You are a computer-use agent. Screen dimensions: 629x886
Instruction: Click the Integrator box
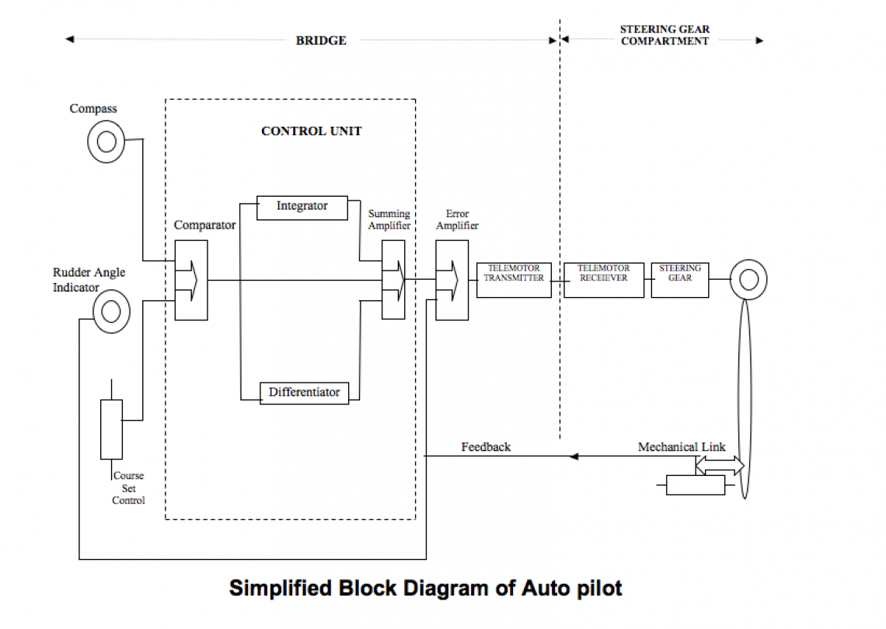[x=302, y=208]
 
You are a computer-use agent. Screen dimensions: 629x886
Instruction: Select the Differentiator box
[x=304, y=393]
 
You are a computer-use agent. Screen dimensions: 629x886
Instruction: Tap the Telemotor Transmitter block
[x=514, y=280]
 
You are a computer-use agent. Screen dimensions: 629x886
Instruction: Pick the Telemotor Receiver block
[x=603, y=280]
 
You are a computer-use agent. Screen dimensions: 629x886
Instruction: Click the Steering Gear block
[x=679, y=280]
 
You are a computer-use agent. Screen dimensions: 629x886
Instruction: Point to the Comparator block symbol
[x=191, y=280]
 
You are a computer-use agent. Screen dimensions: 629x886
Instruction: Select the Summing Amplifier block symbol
[x=393, y=280]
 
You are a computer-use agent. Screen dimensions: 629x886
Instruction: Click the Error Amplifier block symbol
[x=452, y=280]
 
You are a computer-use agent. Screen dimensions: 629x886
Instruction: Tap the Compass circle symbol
[x=106, y=142]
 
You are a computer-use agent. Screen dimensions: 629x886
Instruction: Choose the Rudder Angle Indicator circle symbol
[x=111, y=312]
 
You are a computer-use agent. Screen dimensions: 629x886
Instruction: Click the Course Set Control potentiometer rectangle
[x=111, y=429]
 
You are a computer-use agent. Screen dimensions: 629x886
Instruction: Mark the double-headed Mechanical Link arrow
[x=719, y=465]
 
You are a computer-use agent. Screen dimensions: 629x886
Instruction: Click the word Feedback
[x=486, y=447]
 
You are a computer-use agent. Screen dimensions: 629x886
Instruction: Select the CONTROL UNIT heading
[x=311, y=131]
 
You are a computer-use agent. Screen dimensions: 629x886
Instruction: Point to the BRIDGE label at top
[x=321, y=40]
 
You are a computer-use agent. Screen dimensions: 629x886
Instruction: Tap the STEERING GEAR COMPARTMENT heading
[x=664, y=35]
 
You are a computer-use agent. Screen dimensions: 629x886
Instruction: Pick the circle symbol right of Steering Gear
[x=748, y=279]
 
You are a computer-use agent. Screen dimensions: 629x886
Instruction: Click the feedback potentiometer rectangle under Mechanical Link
[x=695, y=485]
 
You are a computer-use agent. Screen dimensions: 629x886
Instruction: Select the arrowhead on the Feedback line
[x=574, y=456]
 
